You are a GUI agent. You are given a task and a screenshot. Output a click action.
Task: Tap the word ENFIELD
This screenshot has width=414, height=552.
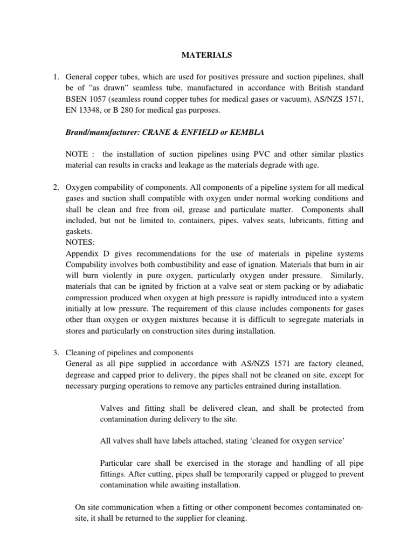(196, 132)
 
